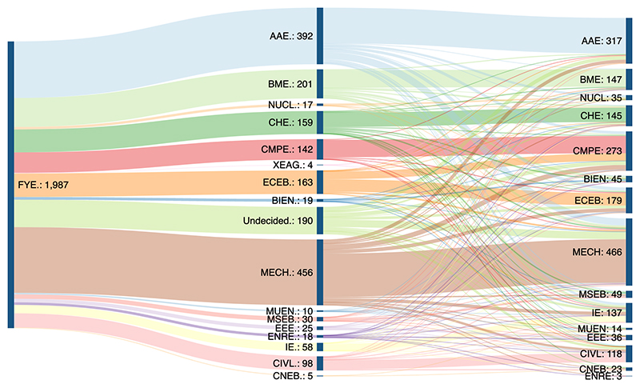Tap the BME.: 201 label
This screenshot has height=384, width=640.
point(290,84)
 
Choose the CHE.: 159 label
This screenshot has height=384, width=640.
point(293,122)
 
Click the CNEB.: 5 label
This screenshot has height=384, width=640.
point(293,375)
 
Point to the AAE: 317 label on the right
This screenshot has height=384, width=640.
point(601,40)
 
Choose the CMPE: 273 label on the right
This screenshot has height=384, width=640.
point(598,150)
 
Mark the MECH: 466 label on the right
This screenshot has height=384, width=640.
point(597,252)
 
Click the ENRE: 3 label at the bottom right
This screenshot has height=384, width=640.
point(601,376)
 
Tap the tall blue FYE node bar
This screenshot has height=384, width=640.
point(10,184)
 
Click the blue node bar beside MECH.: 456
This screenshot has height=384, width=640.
point(320,272)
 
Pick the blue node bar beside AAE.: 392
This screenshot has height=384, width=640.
point(320,36)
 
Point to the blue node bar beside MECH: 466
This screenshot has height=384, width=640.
point(629,252)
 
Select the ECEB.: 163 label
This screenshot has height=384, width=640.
point(290,182)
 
